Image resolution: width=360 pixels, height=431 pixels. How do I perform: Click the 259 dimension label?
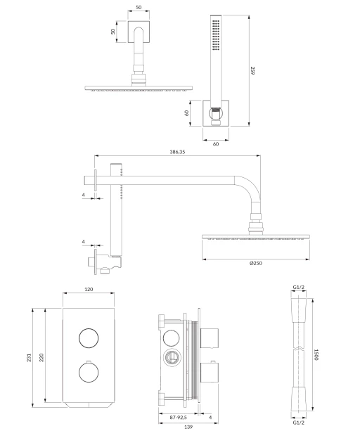[252, 70]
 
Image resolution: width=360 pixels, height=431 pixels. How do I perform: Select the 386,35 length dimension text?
[177, 152]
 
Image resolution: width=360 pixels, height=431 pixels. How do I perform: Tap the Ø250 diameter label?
[256, 263]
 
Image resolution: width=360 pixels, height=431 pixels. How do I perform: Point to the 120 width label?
[89, 289]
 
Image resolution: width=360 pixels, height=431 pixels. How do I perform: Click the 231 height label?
[29, 357]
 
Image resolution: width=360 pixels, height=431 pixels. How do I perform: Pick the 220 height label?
[41, 357]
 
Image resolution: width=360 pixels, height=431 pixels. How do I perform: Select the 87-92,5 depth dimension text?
[178, 417]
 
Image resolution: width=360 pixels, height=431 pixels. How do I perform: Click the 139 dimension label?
[188, 427]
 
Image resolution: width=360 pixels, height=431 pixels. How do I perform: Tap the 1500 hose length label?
[316, 354]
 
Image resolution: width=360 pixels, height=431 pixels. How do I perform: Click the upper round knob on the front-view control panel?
[89, 338]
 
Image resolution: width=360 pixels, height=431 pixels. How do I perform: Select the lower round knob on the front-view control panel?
[89, 373]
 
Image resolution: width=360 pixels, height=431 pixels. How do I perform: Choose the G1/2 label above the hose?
[298, 288]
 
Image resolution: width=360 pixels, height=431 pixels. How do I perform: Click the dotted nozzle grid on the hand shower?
[216, 35]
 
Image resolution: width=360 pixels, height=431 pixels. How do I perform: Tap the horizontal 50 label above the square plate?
[139, 8]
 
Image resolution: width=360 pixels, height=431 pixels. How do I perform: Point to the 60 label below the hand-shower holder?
[216, 144]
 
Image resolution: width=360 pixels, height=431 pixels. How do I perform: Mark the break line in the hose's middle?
[298, 349]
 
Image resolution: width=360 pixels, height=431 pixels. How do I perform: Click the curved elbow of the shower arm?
[252, 185]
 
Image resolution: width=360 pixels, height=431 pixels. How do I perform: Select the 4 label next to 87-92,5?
[210, 417]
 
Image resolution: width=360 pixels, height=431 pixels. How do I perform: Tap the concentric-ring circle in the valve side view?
[172, 358]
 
